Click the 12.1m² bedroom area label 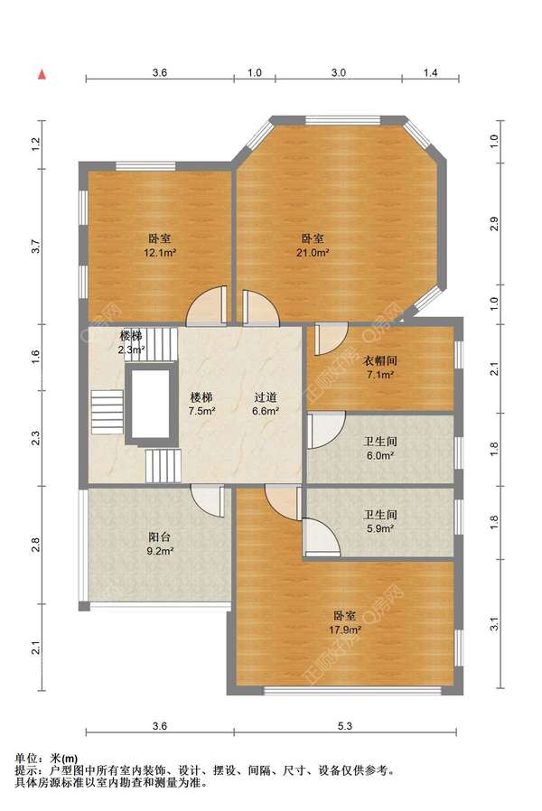point(160,253)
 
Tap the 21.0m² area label point(313,253)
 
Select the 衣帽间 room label point(380,361)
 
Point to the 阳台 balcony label point(160,537)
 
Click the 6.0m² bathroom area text point(380,456)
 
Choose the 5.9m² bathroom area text point(380,528)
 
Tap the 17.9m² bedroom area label point(345,630)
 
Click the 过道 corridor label point(266,397)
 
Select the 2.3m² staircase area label point(131,350)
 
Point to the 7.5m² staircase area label point(201,411)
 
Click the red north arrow point(42,74)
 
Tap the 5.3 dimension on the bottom point(345,726)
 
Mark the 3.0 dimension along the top point(339,73)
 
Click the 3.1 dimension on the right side point(494,624)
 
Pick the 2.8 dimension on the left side point(35,545)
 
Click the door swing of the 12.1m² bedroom point(207,306)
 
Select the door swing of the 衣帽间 point(331,339)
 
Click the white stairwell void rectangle point(150,404)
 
